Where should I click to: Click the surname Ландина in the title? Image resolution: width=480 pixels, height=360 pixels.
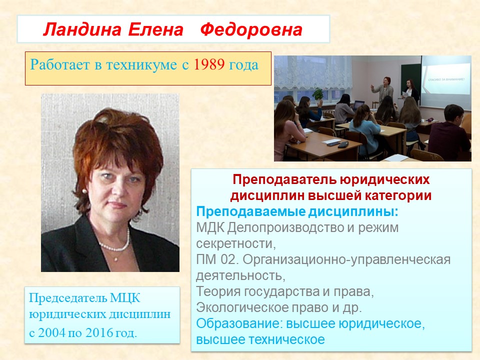coord(82,30)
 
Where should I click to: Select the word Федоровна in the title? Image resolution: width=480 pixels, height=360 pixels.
coord(251,30)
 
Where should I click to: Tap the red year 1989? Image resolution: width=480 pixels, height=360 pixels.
coord(209,64)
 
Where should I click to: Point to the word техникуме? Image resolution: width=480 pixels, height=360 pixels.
coord(141,65)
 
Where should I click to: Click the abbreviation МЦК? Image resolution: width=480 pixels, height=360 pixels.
coord(125,298)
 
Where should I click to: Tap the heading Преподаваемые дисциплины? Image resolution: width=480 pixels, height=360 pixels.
coord(297,211)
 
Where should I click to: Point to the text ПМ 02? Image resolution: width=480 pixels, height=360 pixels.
coord(217,259)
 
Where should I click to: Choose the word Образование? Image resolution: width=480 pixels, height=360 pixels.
coord(239,323)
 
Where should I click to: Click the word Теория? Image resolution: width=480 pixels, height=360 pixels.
coord(218,291)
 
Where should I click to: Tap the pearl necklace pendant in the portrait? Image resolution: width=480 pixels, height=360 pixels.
coord(116,259)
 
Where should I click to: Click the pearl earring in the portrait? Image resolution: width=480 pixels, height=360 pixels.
coord(84,191)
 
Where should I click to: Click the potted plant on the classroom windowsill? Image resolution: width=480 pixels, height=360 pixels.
coord(318,94)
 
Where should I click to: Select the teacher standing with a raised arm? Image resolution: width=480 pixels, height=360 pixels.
coord(382,90)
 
